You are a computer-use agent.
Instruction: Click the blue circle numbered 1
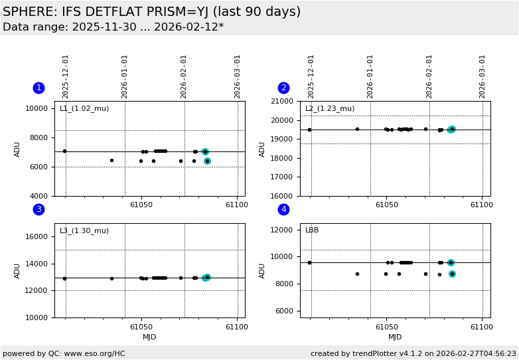tap(38, 88)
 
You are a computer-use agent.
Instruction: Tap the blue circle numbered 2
tap(283, 88)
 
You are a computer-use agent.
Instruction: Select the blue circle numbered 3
tap(38, 209)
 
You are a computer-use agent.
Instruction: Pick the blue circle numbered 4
tap(283, 209)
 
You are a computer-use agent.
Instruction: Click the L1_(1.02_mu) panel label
tap(84, 109)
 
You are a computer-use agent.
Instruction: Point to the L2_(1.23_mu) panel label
tap(330, 109)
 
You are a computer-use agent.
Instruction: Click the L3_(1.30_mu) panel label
tap(84, 231)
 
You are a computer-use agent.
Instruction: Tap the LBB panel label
tap(312, 230)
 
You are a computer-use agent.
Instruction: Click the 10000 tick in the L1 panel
tap(40, 108)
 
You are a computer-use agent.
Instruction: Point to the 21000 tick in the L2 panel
tap(285, 102)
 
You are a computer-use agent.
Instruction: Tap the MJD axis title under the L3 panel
tap(149, 337)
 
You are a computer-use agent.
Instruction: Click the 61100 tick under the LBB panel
tap(481, 327)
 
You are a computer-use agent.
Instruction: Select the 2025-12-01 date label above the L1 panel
tap(66, 76)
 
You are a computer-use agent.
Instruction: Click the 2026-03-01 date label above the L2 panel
tap(482, 76)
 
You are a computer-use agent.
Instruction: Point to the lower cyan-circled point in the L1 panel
tap(207, 161)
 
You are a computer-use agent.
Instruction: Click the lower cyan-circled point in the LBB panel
tap(452, 274)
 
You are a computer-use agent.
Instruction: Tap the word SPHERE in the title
tap(25, 12)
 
